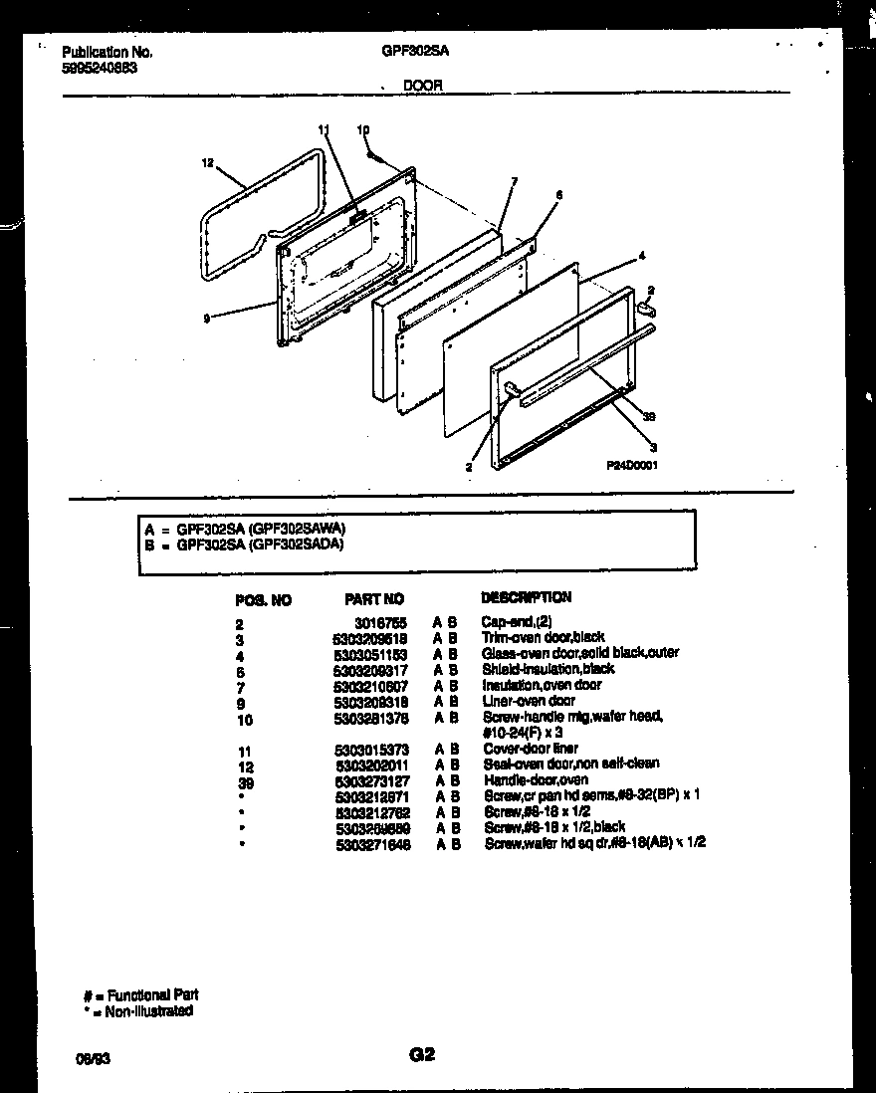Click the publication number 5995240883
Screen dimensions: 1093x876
coord(100,70)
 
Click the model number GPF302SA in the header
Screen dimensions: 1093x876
coord(411,51)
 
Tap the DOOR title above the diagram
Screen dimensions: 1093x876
coord(422,87)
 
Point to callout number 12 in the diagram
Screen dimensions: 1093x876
coord(207,163)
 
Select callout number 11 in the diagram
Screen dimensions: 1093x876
coord(323,130)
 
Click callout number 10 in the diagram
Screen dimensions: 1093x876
coord(362,130)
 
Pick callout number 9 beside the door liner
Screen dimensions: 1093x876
coord(207,319)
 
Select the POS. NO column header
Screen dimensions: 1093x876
coord(264,600)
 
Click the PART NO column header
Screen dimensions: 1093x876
coord(374,599)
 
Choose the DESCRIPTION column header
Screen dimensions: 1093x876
coord(527,597)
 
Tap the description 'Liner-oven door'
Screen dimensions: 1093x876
coord(529,701)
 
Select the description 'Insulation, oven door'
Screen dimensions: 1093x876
coord(542,685)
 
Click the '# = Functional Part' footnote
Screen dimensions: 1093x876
coord(140,994)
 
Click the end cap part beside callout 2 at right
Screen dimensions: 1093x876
coord(648,310)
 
